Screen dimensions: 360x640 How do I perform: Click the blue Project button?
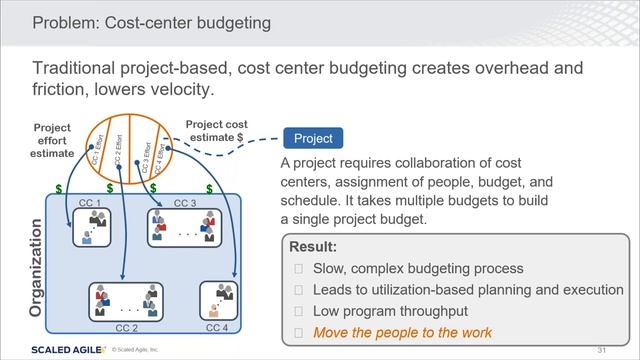tap(312, 139)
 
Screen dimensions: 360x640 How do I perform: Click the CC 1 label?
tap(90, 204)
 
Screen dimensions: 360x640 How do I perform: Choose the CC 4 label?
tap(217, 327)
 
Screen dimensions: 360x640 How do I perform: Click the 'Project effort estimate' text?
tap(52, 141)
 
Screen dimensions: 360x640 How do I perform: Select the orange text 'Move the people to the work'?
tap(400, 332)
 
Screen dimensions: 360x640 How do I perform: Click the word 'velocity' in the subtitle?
tap(179, 90)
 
